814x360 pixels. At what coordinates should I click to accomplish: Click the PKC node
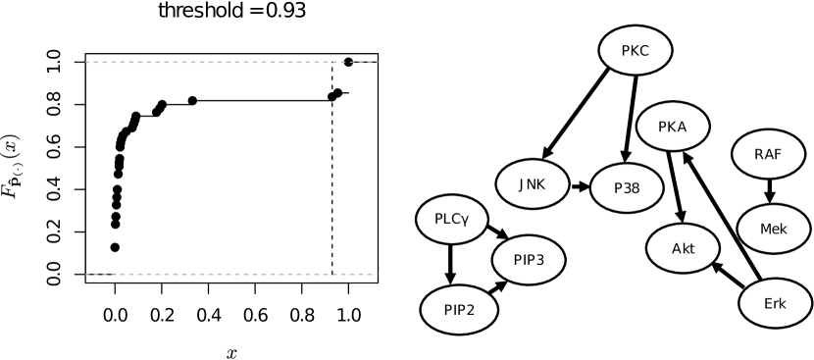[x=635, y=51]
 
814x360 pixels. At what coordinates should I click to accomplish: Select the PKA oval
[x=672, y=127]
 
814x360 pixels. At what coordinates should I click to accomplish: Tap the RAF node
[x=768, y=154]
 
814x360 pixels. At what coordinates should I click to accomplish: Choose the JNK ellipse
[x=532, y=183]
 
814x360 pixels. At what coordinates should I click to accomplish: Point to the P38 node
[x=627, y=187]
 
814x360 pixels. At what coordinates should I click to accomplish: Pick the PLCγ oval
[x=452, y=219]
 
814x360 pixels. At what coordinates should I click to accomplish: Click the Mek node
[x=773, y=229]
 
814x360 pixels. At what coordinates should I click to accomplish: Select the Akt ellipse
[x=683, y=248]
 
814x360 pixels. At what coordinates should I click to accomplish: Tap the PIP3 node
[x=529, y=260]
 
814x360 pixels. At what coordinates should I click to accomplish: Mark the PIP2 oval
[x=459, y=310]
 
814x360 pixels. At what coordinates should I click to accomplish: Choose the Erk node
[x=775, y=304]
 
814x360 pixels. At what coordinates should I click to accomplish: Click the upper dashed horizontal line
[x=231, y=62]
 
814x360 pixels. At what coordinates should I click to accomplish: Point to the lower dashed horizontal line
[x=231, y=274]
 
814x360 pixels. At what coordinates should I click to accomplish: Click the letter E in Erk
[x=768, y=304]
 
